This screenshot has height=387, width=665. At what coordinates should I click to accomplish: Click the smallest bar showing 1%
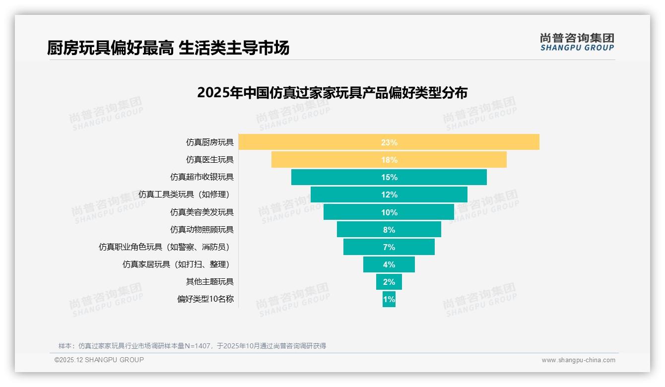389,299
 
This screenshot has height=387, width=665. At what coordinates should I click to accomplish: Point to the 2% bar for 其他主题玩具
389,282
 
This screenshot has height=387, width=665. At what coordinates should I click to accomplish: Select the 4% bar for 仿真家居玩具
389,264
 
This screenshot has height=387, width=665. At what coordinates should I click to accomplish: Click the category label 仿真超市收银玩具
201,177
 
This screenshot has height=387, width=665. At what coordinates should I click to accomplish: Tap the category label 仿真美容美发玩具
201,212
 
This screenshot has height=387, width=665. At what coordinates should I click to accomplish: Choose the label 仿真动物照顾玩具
201,229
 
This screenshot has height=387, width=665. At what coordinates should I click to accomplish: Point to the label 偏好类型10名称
205,299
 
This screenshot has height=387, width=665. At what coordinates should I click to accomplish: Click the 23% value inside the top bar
389,142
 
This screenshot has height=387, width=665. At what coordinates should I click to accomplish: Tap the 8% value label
389,230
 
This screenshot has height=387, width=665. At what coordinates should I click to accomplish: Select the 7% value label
389,247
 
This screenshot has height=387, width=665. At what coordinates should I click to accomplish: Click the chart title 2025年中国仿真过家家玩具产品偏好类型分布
332,93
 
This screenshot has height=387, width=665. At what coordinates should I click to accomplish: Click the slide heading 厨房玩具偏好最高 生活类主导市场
168,48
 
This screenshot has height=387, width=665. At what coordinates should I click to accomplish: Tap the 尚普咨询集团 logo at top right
577,42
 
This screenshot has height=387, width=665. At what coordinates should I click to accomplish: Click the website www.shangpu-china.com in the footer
578,360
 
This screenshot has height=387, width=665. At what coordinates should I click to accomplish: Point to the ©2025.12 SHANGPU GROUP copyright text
99,360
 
